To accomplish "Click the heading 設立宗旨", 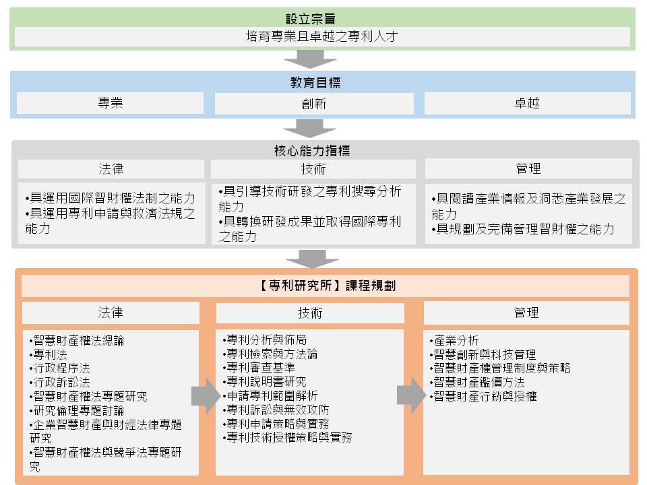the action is pos(310,19).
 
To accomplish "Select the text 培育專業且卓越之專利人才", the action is pos(322,36).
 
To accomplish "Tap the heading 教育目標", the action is pos(315,83).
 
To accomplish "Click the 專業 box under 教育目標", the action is pos(110,102).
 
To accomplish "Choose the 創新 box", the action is pos(314,104).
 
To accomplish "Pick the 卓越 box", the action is pos(527,103).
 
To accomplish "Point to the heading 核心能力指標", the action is pos(312,150).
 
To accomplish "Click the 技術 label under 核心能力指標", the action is pos(313,169).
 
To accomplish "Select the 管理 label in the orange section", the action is pos(526,313).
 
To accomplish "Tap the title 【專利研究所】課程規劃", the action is pos(326,286).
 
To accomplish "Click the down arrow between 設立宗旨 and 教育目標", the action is pos(310,59).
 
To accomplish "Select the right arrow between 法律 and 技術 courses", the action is pos(206,396).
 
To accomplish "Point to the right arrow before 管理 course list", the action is pos(411,395).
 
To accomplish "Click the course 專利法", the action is pos(49,355).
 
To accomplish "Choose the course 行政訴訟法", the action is pos(60,383).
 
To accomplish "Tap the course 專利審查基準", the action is pos(259,368).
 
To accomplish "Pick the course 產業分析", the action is pos(454,340).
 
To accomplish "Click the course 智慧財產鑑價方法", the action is pos(477,383).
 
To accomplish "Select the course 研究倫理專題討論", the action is pos(77,410).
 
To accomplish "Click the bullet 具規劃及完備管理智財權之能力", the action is pos(523,229).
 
